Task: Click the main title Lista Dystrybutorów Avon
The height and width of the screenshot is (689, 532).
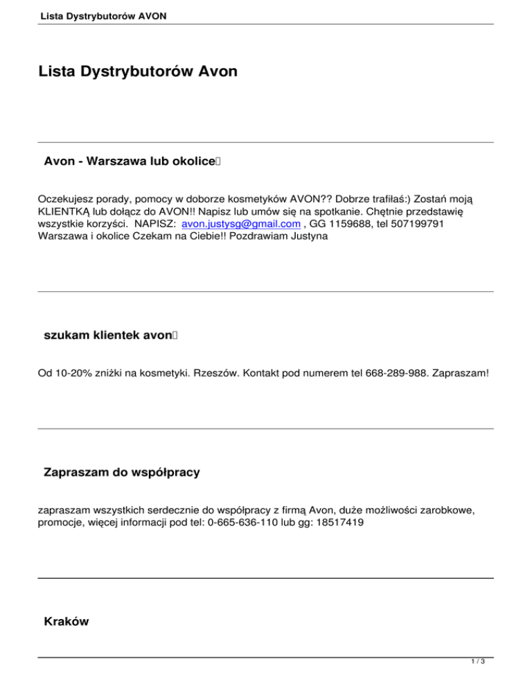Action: [x=138, y=71]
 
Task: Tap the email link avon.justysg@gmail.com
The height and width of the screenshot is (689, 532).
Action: [x=240, y=225]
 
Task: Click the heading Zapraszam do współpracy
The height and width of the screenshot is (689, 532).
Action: [x=121, y=473]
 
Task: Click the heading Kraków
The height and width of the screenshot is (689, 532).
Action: [x=66, y=622]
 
